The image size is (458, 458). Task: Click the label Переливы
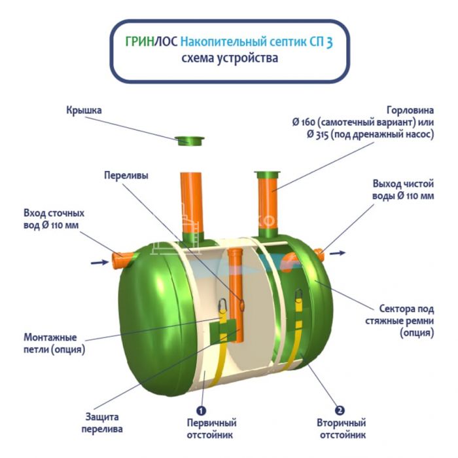point(126,176)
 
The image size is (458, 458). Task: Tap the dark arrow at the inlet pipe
point(99,262)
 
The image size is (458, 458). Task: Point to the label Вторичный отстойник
point(342,429)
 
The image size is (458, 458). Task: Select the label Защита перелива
point(101,423)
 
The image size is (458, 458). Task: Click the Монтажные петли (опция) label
point(55,343)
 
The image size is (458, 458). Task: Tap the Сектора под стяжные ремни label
point(407,320)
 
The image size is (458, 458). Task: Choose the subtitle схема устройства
point(230,58)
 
